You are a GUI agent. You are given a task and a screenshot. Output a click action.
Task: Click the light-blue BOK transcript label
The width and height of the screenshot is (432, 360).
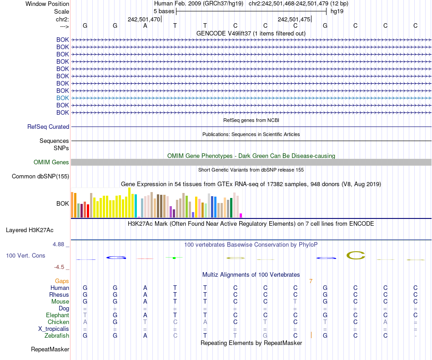(63, 98)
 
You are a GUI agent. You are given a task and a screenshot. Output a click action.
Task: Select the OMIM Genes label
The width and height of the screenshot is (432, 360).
(51, 162)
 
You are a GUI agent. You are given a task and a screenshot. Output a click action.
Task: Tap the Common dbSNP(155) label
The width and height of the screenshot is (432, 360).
(40, 177)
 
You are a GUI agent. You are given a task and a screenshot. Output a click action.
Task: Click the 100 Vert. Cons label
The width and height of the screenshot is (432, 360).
(25, 256)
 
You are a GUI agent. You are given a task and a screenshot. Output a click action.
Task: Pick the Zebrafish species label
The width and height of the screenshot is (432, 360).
(57, 335)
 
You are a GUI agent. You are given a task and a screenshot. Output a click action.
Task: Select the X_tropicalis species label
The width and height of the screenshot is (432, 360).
(54, 329)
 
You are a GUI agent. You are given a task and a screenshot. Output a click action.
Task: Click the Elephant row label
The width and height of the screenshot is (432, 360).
(57, 315)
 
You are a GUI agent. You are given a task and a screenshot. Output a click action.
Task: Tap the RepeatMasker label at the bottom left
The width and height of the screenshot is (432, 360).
(50, 350)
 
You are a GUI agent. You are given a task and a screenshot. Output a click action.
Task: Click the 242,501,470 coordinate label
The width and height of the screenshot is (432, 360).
(144, 20)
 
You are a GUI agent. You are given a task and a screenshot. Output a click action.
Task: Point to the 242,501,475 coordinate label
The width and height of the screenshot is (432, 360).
(294, 20)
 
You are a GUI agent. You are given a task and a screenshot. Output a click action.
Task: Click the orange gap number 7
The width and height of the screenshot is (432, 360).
(311, 281)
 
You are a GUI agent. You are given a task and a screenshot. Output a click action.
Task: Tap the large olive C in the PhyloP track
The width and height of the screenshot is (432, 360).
(356, 256)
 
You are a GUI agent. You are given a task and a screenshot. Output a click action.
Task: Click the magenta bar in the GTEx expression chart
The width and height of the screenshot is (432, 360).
(241, 215)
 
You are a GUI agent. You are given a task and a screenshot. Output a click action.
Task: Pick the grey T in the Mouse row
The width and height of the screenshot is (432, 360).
(295, 301)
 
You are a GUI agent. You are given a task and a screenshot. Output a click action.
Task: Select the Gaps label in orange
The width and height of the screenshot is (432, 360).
(62, 281)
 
